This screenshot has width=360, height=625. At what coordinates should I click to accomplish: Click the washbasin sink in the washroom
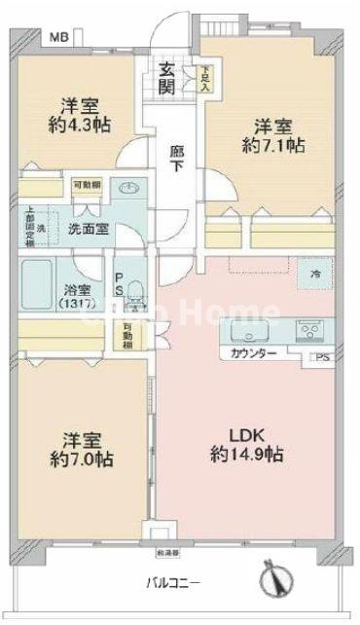(x=128, y=190)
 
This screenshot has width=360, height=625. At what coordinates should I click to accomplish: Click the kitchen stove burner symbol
(x=313, y=331)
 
